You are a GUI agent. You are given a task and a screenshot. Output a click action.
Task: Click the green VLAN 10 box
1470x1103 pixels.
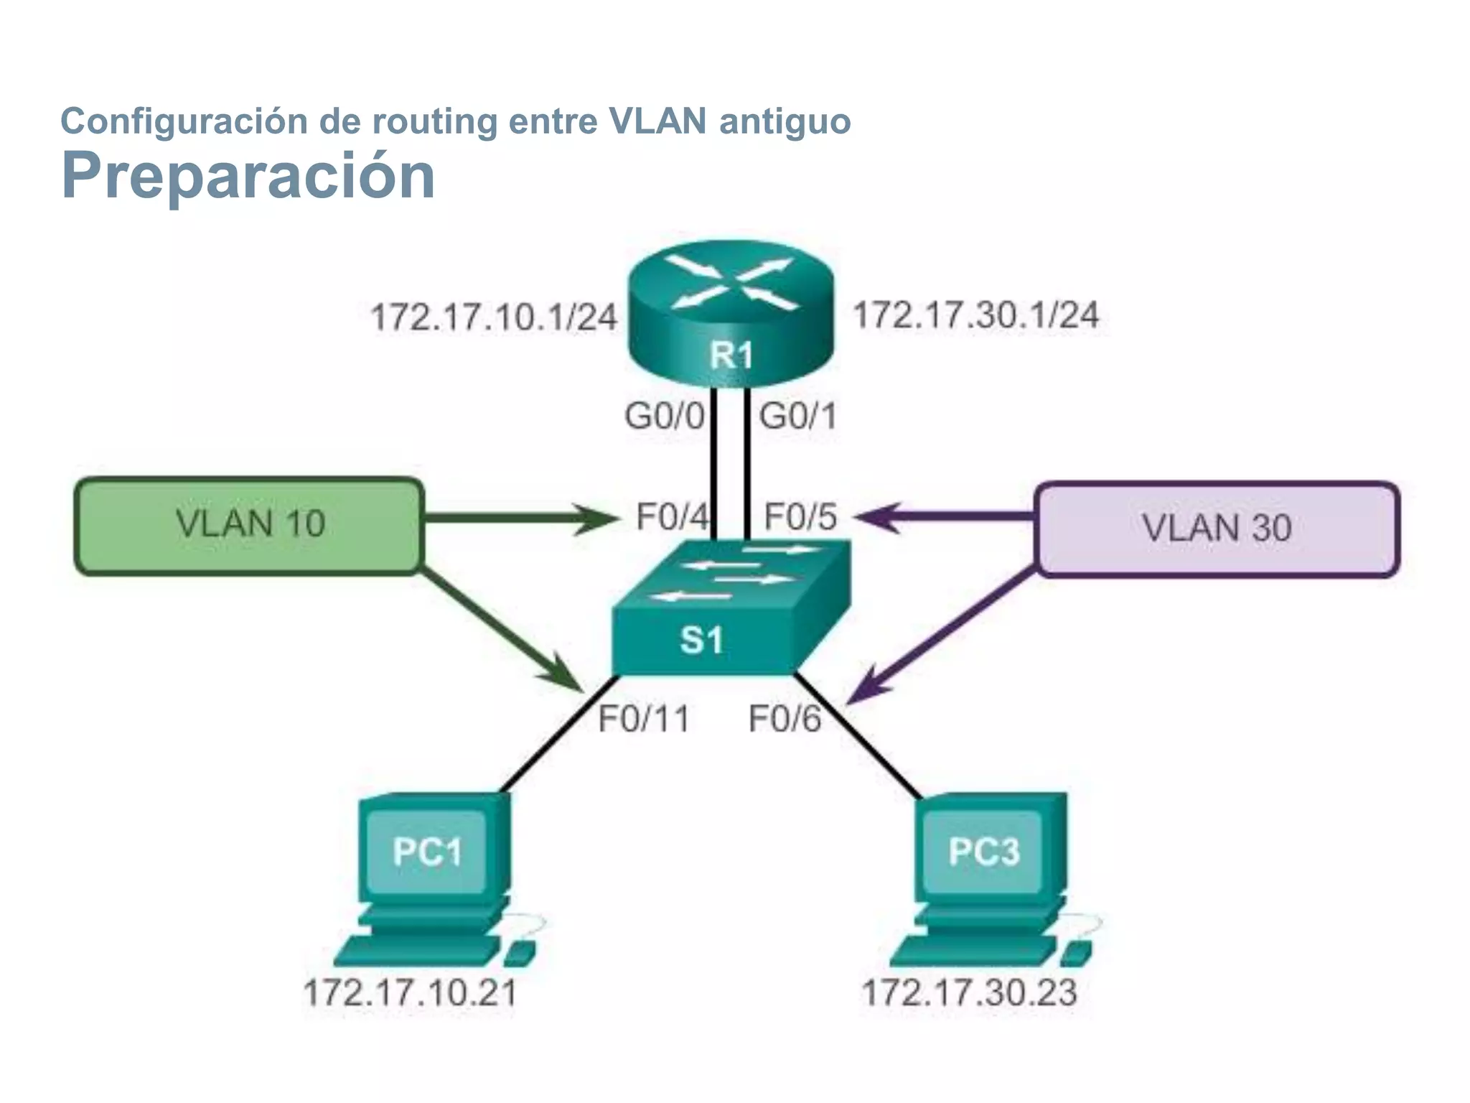[249, 525]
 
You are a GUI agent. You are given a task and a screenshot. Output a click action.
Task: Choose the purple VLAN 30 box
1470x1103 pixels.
[1217, 529]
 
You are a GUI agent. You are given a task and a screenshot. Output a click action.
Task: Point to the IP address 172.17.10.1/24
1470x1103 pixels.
[494, 317]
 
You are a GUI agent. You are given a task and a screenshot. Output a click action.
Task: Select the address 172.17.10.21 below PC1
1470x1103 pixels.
[411, 993]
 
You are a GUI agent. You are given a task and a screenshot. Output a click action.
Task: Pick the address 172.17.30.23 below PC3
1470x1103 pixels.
[969, 993]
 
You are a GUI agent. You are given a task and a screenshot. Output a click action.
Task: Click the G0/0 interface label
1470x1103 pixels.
[665, 416]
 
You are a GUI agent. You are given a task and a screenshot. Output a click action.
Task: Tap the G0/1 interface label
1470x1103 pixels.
[798, 416]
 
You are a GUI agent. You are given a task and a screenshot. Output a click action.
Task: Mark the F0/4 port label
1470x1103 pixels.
[672, 517]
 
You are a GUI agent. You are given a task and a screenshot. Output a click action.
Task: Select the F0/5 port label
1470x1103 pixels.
[800, 517]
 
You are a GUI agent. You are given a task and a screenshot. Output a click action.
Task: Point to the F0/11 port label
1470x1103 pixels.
[644, 719]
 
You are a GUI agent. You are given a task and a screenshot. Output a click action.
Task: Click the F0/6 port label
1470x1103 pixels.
[785, 719]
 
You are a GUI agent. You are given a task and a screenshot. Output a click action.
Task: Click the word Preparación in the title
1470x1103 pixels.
[248, 176]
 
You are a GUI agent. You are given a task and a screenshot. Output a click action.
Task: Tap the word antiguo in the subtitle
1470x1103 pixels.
[785, 121]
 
